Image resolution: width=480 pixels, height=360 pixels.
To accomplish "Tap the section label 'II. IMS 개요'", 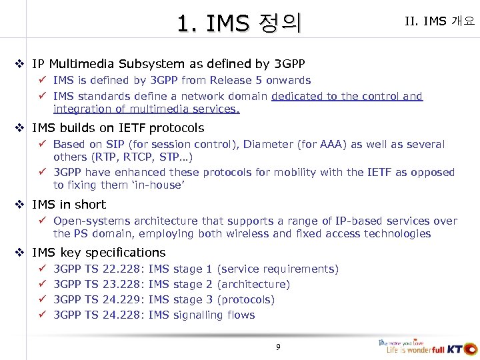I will pyautogui.click(x=439, y=21).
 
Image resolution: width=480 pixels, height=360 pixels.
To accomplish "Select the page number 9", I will pyautogui.click(x=279, y=347).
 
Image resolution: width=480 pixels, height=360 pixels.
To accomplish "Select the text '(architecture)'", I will pyautogui.click(x=253, y=284).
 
